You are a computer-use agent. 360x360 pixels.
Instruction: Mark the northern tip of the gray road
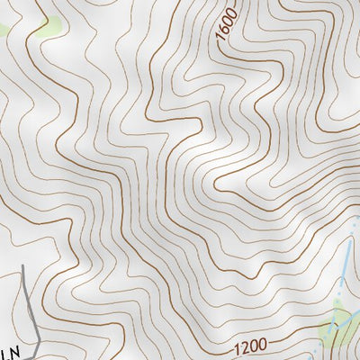tap(22, 267)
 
